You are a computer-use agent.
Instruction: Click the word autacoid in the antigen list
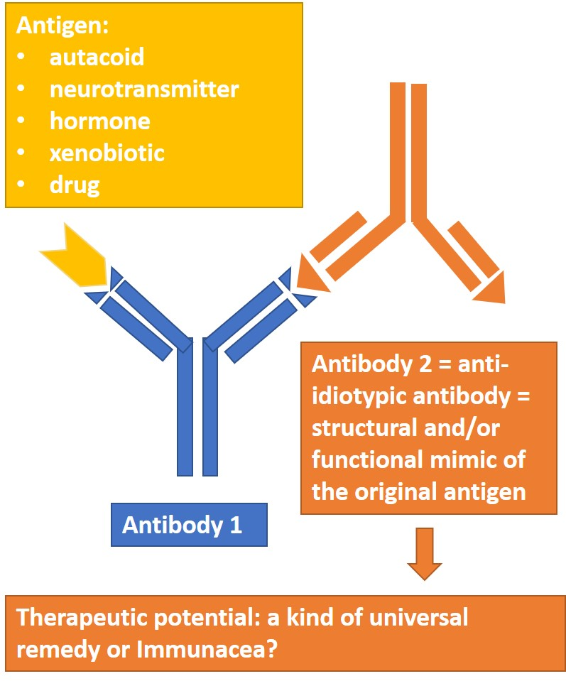[97, 57]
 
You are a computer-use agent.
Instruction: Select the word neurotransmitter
[144, 89]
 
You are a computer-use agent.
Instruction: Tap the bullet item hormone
[99, 121]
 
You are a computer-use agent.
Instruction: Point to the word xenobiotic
[107, 153]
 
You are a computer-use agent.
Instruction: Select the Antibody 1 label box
[188, 525]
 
